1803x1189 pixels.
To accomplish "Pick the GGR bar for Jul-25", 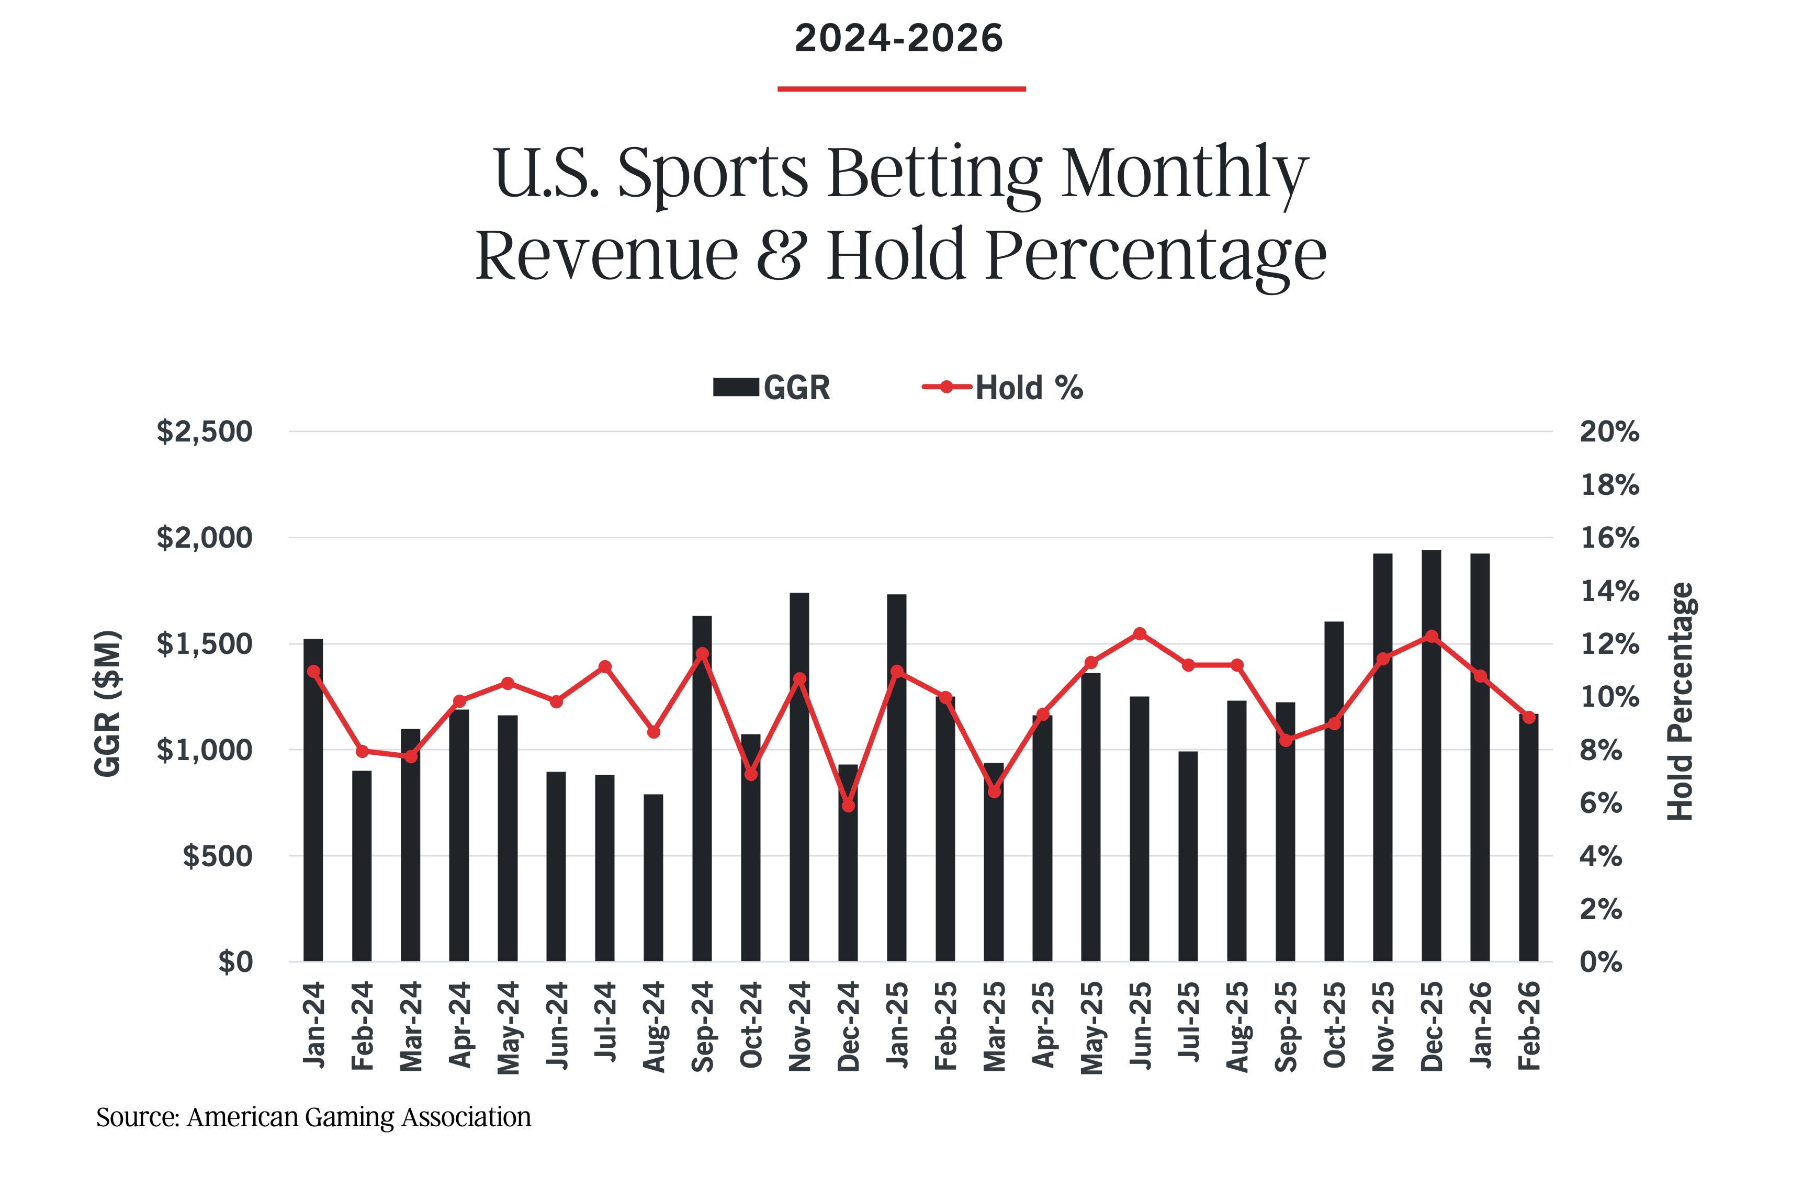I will click(1188, 857).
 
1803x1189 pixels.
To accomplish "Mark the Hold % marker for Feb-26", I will click(1528, 717).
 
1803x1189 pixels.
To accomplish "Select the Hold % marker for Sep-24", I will click(702, 654).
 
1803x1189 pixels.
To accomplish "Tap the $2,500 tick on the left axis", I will click(204, 432).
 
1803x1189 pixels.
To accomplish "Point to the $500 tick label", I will click(217, 856).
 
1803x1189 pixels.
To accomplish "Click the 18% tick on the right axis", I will click(1609, 484).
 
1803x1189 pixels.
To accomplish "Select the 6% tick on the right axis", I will click(1601, 803).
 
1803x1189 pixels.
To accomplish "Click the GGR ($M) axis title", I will click(108, 703).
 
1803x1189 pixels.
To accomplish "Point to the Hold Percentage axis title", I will click(1680, 701).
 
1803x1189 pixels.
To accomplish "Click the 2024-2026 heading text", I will click(899, 39).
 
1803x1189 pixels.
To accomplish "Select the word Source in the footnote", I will click(137, 1117).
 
